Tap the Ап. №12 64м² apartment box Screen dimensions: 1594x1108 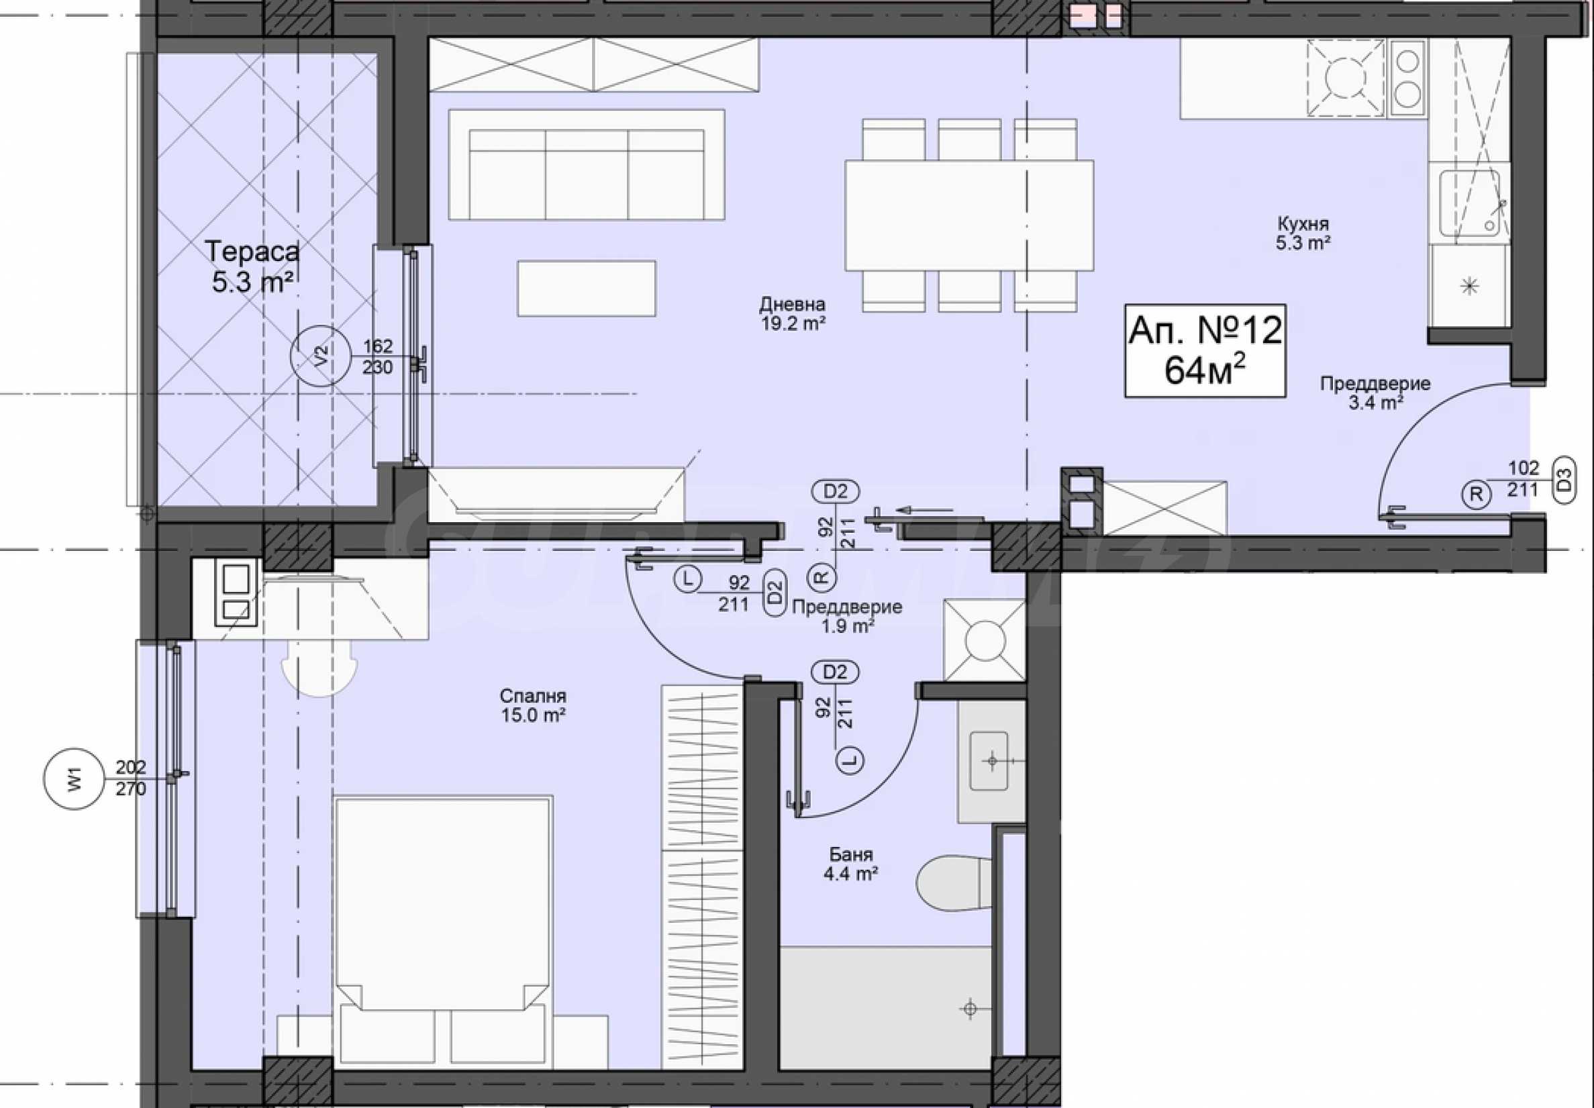[x=1205, y=350]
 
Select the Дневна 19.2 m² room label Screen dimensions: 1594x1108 [x=792, y=313]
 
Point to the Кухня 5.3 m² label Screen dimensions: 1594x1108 [x=1303, y=234]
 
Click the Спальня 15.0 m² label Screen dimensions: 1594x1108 [x=532, y=705]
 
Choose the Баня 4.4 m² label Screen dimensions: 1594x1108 [x=850, y=864]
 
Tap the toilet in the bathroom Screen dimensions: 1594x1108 [x=954, y=884]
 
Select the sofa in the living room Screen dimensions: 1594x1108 [x=587, y=165]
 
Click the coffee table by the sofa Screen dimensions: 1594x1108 [x=587, y=288]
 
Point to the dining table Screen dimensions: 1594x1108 [x=969, y=215]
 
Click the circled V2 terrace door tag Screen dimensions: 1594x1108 [x=320, y=356]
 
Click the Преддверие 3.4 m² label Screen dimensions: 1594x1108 [x=1375, y=393]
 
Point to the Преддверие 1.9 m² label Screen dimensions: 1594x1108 [x=847, y=616]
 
